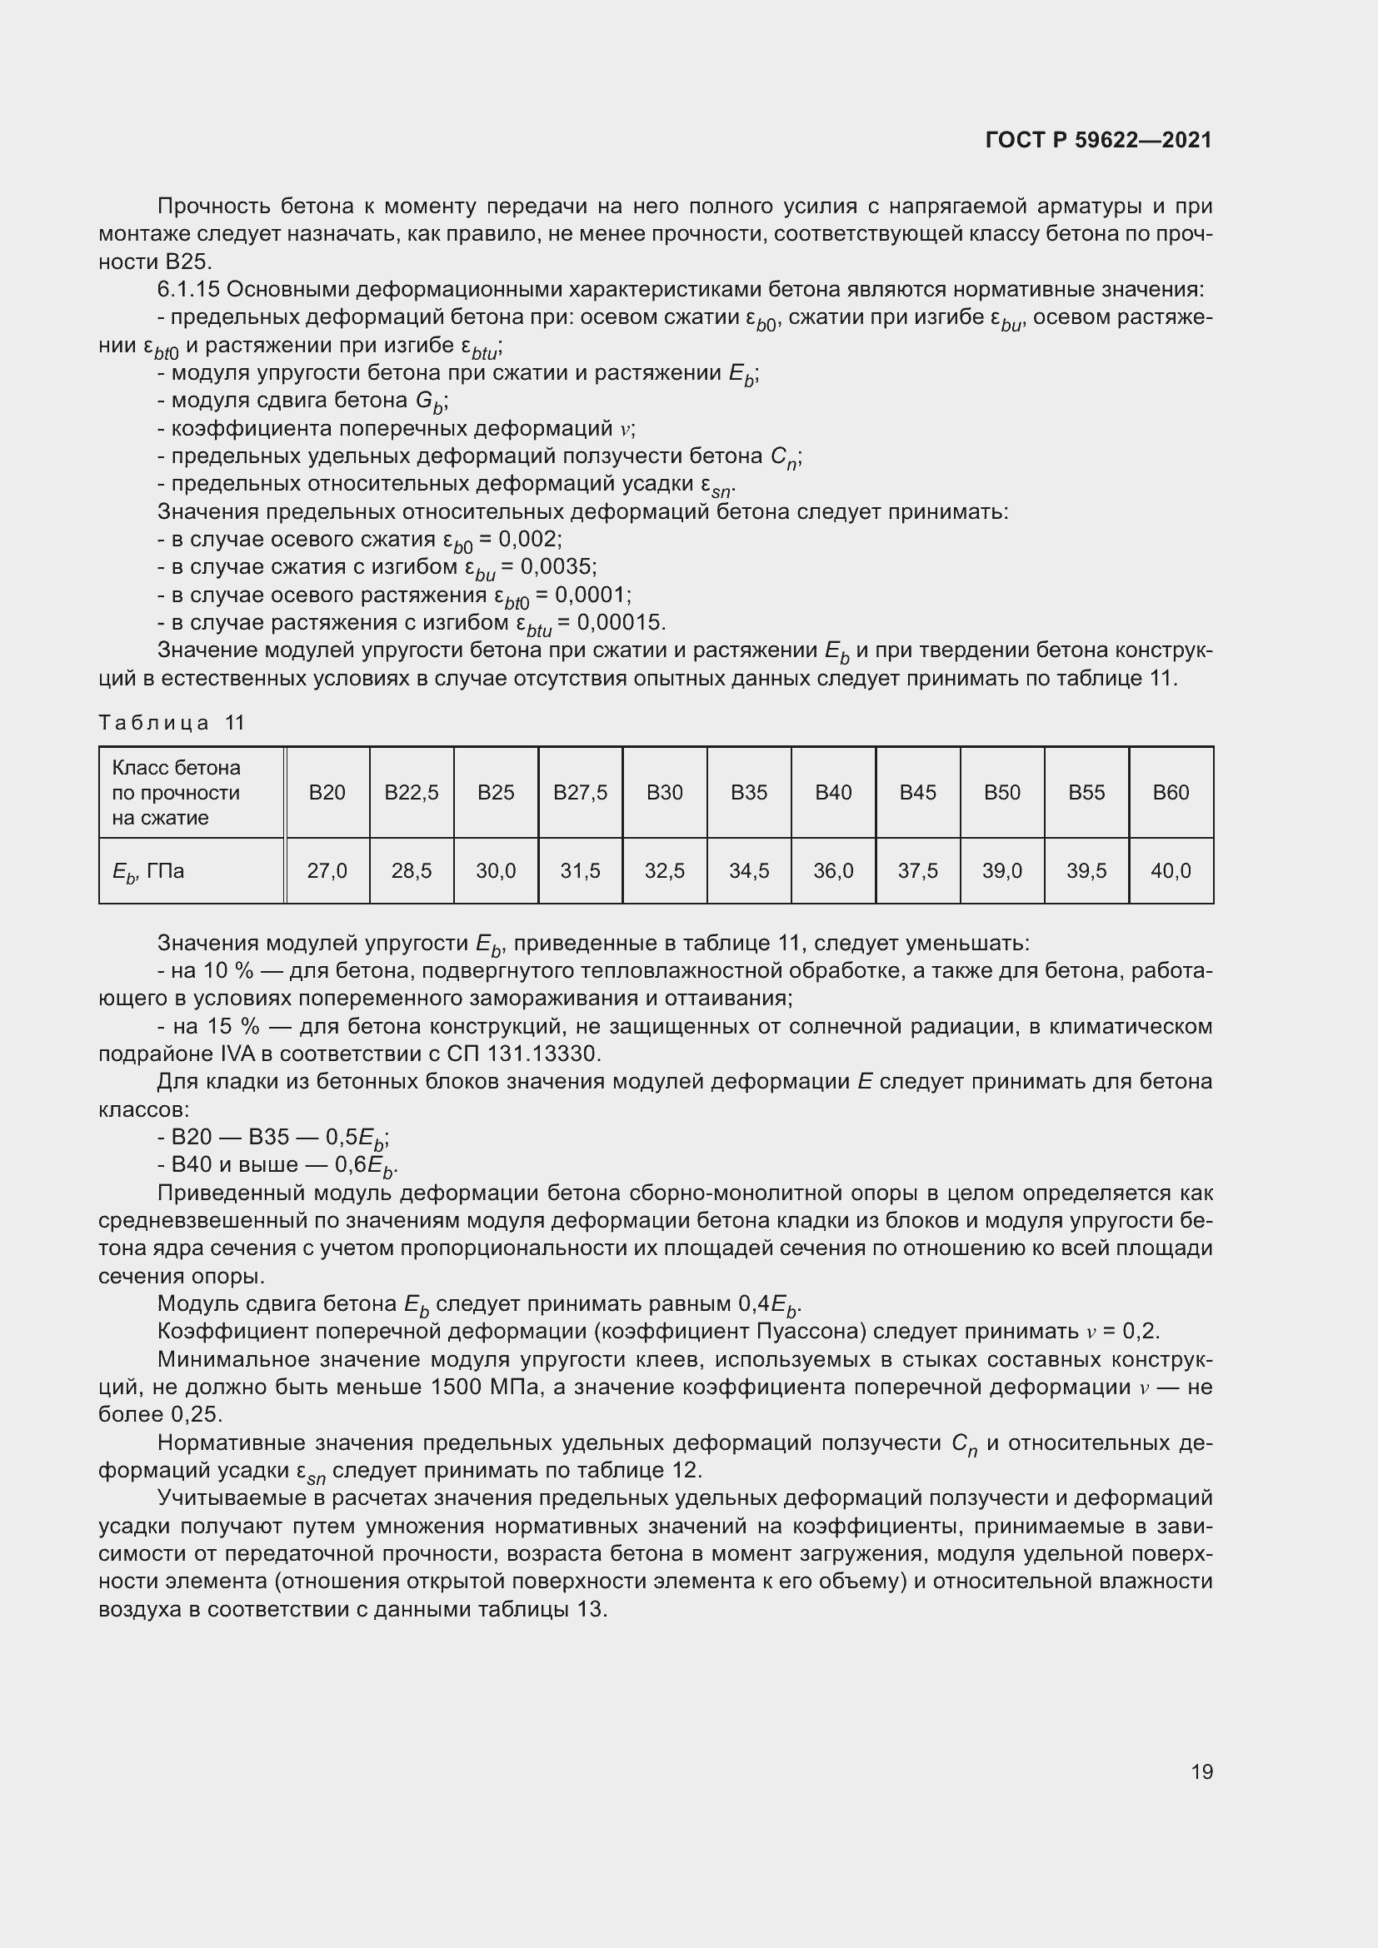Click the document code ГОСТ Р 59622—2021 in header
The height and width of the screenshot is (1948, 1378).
point(1098,140)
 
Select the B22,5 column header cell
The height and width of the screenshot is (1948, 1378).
point(412,792)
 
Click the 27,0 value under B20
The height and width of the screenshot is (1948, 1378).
point(327,870)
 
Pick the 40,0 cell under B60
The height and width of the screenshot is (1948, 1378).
point(1170,870)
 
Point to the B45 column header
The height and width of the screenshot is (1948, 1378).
point(917,792)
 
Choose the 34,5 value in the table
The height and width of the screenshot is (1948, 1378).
point(748,870)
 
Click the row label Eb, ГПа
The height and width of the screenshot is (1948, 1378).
point(148,871)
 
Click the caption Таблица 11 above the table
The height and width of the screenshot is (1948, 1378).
point(172,723)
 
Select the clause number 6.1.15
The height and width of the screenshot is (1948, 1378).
point(188,290)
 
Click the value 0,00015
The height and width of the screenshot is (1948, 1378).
point(618,623)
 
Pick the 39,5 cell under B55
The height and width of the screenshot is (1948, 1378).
point(1086,870)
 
